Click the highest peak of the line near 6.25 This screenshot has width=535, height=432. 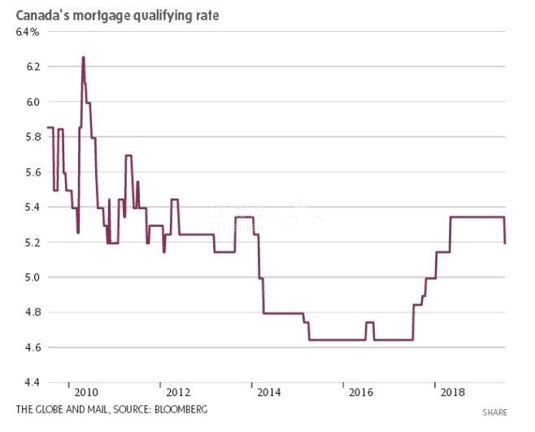(83, 58)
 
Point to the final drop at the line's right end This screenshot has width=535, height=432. (505, 232)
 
